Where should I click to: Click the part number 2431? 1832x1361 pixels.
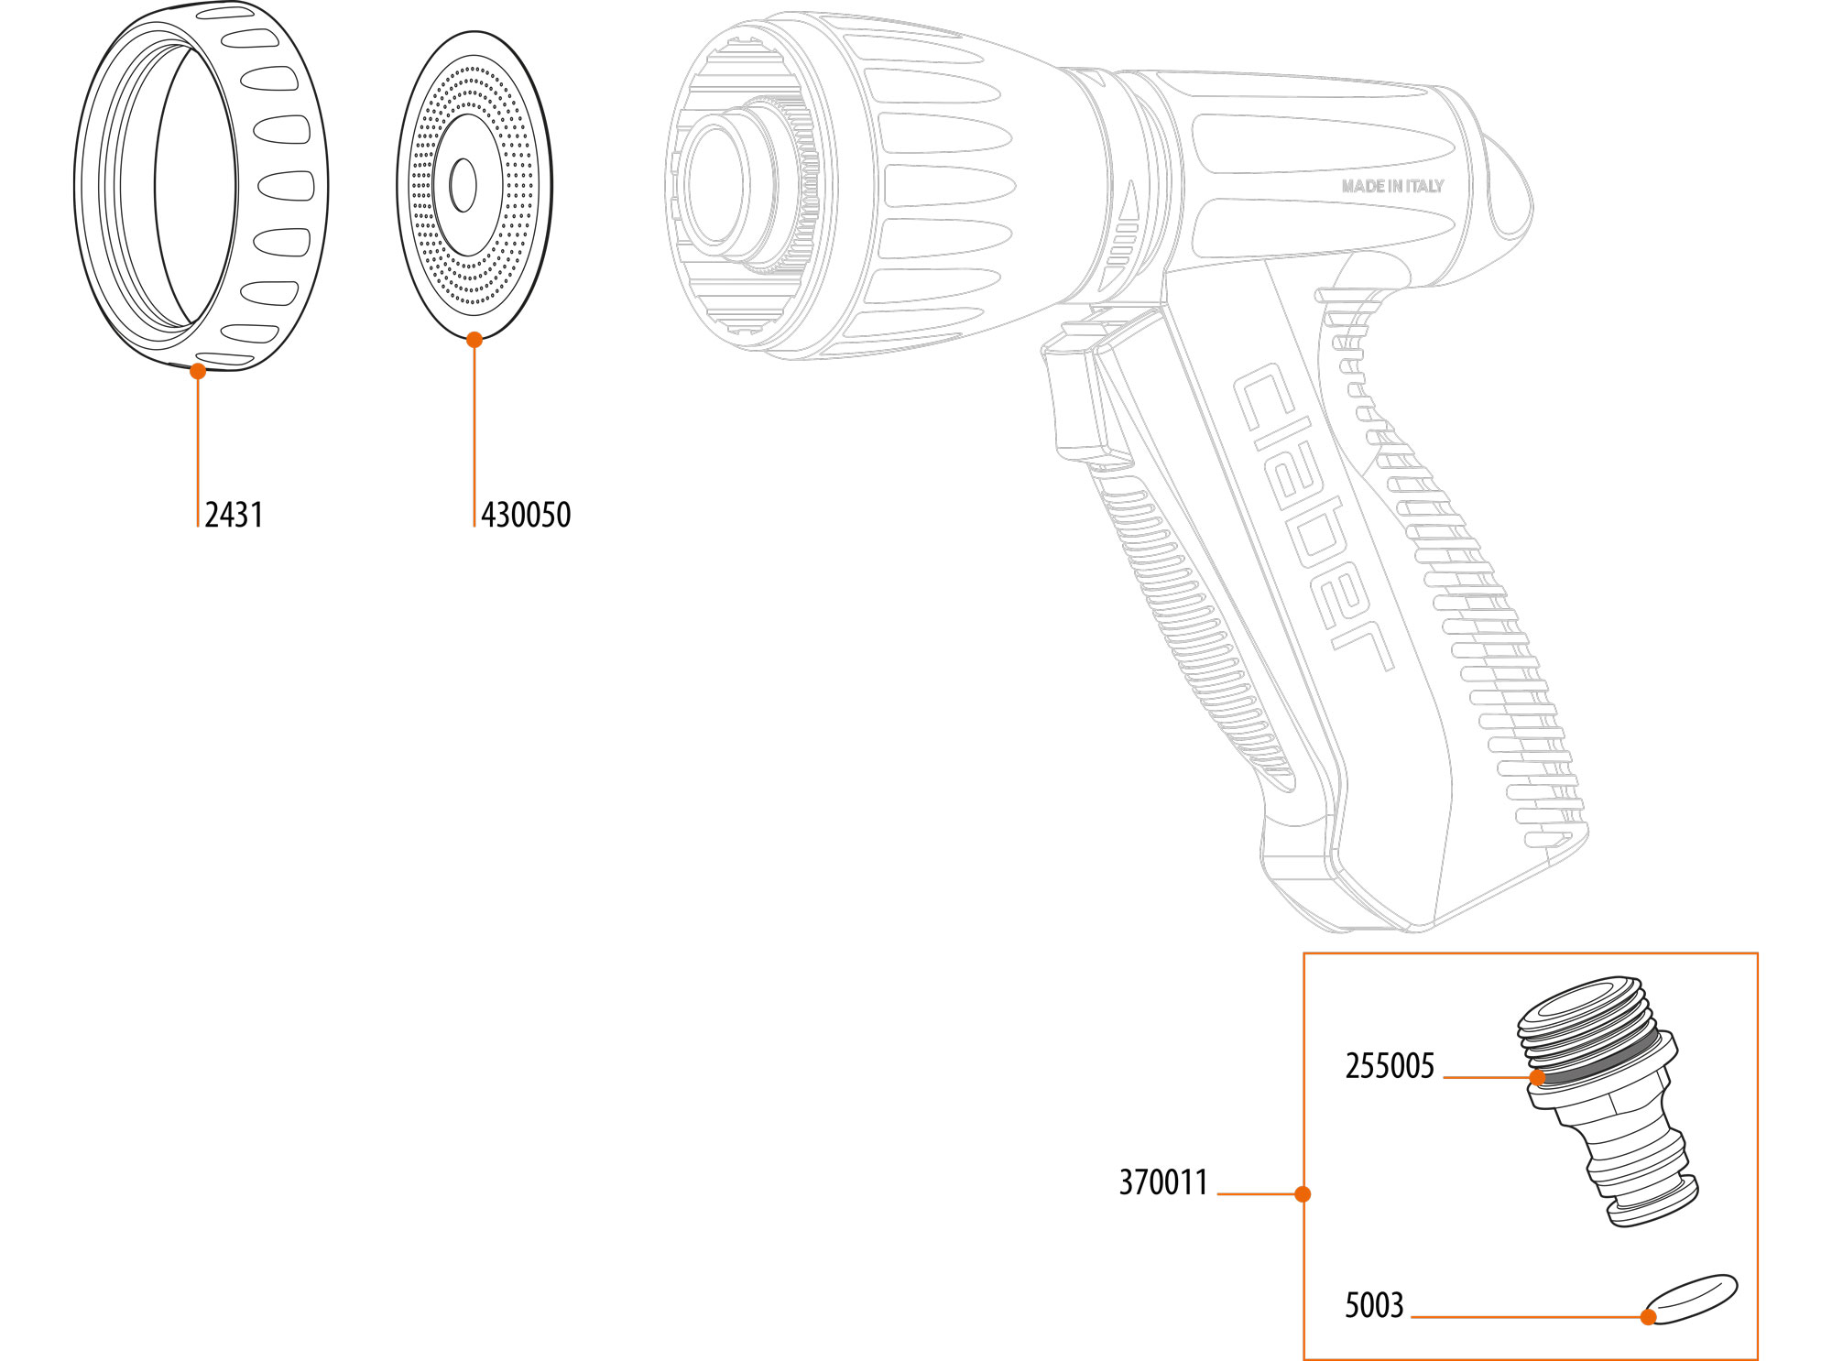click(x=234, y=515)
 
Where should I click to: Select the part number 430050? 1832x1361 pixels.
click(x=526, y=515)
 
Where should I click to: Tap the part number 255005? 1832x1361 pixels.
click(x=1389, y=1066)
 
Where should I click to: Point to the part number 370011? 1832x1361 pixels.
click(x=1163, y=1182)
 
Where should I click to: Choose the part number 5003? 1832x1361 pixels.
click(x=1373, y=1305)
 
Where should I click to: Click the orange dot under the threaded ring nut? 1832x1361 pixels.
click(x=198, y=371)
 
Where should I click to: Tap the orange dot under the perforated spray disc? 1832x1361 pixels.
click(x=474, y=340)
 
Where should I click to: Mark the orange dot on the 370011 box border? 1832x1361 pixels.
click(x=1303, y=1193)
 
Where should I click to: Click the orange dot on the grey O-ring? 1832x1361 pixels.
click(x=1537, y=1077)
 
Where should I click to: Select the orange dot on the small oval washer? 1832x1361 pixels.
click(x=1648, y=1317)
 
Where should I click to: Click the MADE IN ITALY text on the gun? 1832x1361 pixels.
click(x=1392, y=186)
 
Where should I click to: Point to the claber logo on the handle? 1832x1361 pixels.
click(x=1310, y=517)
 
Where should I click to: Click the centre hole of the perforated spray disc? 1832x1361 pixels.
click(x=463, y=185)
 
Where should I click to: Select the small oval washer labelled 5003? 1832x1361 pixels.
click(x=1691, y=1299)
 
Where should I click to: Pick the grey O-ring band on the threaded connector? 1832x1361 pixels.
click(x=1598, y=1062)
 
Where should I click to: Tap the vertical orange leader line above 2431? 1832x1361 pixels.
click(x=198, y=449)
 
